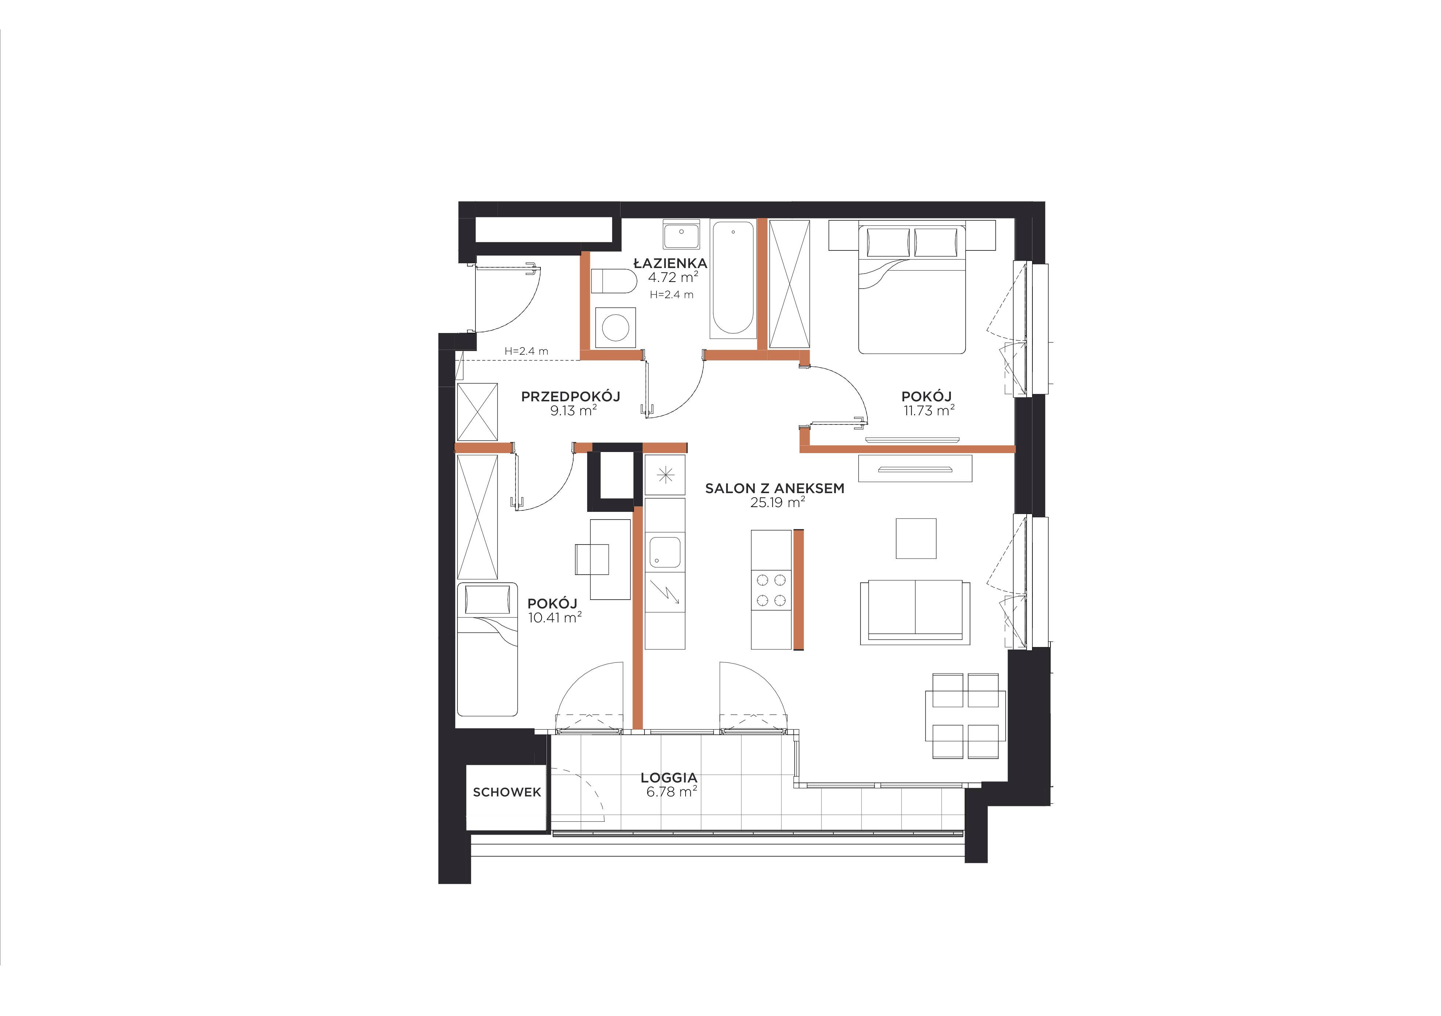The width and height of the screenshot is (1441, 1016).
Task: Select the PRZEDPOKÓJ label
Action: click(571, 396)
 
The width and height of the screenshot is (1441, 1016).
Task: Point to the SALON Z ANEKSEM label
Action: click(775, 489)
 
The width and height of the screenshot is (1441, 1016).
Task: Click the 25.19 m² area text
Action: click(777, 502)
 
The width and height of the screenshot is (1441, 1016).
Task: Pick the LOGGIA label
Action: click(669, 778)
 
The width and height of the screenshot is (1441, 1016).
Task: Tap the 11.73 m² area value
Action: click(929, 411)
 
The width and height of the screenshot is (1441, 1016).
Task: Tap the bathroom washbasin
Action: click(681, 235)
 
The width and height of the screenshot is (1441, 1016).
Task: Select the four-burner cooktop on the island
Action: click(771, 590)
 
